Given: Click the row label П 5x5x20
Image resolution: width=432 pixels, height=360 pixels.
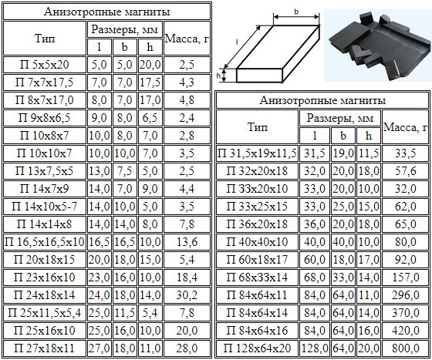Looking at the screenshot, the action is click(x=44, y=65).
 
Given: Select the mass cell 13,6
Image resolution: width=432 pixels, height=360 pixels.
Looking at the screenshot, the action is click(x=187, y=242).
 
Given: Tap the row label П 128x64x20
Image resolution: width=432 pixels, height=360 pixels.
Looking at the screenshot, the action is click(x=257, y=348).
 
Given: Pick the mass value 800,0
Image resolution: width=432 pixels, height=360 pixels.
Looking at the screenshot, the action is click(x=406, y=348).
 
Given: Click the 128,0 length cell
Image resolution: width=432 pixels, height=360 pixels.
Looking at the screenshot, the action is click(x=315, y=348).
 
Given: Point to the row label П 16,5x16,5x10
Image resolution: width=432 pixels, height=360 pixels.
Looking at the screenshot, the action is click(x=44, y=242).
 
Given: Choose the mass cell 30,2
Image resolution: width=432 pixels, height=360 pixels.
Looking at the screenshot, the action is click(x=187, y=295).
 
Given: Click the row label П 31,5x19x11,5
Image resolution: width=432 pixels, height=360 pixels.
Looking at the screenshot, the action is click(x=257, y=153).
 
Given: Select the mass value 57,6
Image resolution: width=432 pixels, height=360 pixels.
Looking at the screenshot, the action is click(x=406, y=171).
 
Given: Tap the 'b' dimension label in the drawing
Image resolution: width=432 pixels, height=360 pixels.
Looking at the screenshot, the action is click(x=296, y=12).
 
